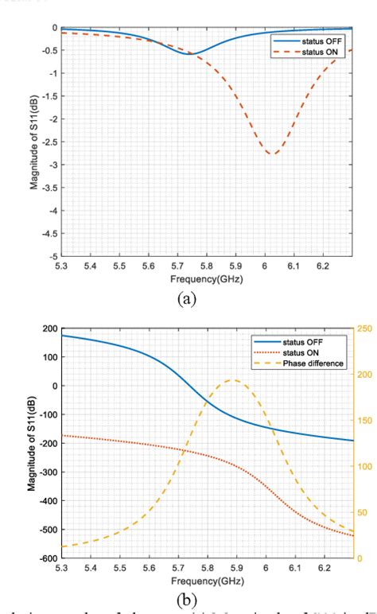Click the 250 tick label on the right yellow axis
tap(363, 328)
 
